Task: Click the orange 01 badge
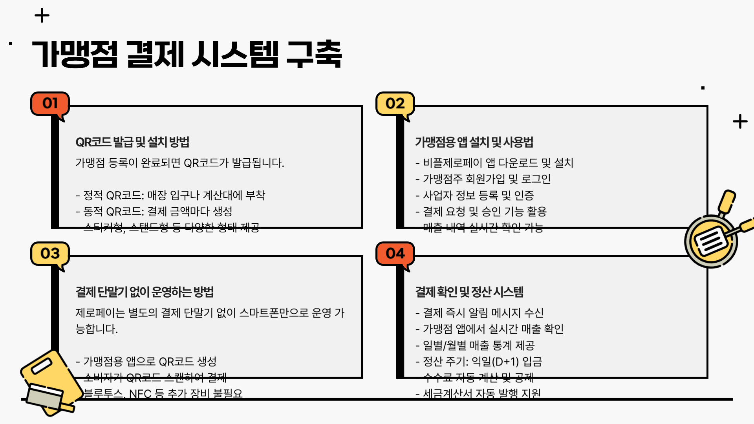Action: [50, 104]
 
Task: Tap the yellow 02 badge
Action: [395, 104]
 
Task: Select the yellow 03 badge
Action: [50, 254]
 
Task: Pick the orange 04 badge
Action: [395, 254]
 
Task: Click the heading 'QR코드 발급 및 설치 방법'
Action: [132, 142]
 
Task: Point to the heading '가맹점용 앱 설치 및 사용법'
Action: [474, 142]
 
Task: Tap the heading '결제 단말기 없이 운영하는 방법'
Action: [145, 292]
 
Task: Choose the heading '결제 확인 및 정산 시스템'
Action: [469, 292]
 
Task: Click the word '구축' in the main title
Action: [314, 54]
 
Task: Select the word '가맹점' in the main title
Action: [75, 54]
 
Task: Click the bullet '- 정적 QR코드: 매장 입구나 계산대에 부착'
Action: [170, 195]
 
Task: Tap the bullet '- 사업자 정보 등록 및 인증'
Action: [475, 195]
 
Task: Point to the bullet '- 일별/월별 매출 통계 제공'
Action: [475, 345]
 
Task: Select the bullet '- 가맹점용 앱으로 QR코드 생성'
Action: [146, 362]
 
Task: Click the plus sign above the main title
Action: [42, 16]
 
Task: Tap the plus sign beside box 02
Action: [740, 121]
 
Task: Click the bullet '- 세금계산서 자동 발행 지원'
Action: [478, 393]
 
